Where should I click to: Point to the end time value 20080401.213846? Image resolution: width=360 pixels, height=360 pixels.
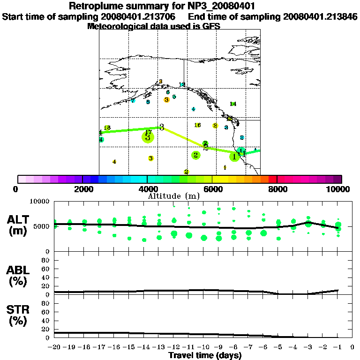(320, 16)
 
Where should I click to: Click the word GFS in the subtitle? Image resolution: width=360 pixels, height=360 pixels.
(211, 26)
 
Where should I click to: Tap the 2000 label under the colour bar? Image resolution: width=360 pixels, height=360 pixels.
(82, 189)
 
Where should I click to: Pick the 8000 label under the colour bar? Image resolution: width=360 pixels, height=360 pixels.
(277, 189)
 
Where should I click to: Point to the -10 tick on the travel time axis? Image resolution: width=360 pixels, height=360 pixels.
(203, 347)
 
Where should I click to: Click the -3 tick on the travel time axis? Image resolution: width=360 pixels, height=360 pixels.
(308, 347)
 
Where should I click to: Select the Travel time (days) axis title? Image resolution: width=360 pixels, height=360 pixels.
(205, 355)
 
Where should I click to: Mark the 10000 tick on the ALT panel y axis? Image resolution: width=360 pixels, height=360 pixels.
(40, 201)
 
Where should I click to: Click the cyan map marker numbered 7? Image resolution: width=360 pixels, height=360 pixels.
(133, 101)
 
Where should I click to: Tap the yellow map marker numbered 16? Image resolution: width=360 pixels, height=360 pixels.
(197, 125)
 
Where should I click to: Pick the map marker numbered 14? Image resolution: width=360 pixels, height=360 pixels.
(233, 104)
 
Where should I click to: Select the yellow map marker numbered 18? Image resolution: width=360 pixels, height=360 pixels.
(107, 128)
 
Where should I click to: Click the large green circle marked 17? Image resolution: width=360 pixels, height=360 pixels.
(148, 136)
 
